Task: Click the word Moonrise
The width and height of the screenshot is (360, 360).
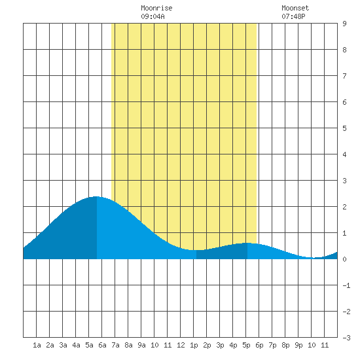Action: point(156,8)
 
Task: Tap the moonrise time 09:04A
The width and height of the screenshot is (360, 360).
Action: point(153,16)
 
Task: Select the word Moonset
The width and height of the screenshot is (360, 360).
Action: point(295,8)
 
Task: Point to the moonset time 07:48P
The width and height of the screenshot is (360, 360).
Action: point(293,16)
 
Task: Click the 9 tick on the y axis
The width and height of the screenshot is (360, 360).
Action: point(344,24)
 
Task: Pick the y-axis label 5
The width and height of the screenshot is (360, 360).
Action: point(344,128)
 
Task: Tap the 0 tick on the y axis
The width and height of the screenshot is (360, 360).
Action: point(344,259)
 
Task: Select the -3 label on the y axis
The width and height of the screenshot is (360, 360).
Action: point(346,338)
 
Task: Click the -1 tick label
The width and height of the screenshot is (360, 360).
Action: point(346,285)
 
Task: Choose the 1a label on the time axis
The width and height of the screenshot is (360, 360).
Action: point(37,345)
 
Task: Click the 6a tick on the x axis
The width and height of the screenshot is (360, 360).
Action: point(102,345)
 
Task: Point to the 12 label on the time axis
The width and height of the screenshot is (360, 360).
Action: point(181,345)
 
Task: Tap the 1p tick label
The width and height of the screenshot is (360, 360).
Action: point(194,345)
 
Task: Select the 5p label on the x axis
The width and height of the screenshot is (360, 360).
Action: point(246,345)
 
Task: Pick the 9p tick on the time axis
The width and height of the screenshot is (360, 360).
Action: point(298,345)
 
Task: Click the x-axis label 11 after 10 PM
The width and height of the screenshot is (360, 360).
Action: point(325,345)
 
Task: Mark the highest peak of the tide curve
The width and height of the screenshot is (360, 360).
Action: point(96,196)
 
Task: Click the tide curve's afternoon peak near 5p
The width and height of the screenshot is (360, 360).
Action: point(247,243)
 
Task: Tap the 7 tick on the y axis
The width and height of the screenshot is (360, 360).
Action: point(344,76)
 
